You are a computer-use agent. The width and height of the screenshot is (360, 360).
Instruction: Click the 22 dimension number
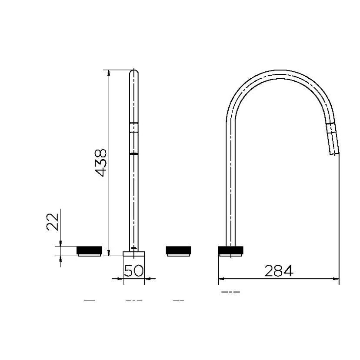[52, 222]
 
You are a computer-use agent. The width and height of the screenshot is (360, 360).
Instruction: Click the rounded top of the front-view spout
[134, 73]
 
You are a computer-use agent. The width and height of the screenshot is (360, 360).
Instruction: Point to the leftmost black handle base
[89, 250]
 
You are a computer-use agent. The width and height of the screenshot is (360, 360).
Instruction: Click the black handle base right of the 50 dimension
[178, 250]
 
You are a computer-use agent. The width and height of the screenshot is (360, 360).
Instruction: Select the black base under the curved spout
[230, 250]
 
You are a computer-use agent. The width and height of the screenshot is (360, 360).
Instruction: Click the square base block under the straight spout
[134, 255]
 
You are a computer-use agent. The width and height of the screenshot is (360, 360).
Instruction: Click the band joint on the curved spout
[331, 127]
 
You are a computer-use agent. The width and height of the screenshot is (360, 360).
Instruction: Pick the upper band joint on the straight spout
[134, 127]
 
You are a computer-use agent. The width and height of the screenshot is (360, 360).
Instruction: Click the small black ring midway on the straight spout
[134, 153]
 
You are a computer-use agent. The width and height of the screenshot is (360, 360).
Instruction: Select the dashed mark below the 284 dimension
[230, 292]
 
